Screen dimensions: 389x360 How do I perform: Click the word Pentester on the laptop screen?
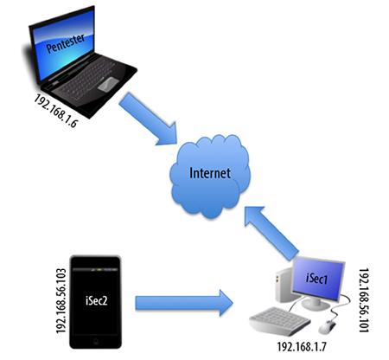(66, 43)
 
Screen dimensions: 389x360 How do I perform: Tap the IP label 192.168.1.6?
(56, 111)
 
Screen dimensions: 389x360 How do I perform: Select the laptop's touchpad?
(108, 84)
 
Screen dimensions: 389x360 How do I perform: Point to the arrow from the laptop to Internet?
(148, 119)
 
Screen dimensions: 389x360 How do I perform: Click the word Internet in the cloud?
(210, 173)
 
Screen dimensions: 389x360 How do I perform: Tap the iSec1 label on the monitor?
(316, 279)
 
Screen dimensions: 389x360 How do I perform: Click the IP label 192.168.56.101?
(364, 300)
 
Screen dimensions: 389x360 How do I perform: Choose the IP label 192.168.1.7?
(302, 346)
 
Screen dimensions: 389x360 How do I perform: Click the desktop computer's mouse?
(327, 327)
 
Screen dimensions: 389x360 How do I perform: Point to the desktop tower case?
(284, 285)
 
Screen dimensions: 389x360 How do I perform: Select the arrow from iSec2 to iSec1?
(184, 303)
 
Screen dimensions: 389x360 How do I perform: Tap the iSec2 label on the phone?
(96, 300)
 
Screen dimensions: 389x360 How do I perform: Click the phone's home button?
(96, 342)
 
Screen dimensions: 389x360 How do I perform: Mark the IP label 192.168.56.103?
(61, 301)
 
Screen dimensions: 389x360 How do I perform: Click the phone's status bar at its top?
(95, 270)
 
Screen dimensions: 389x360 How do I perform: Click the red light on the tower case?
(277, 281)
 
